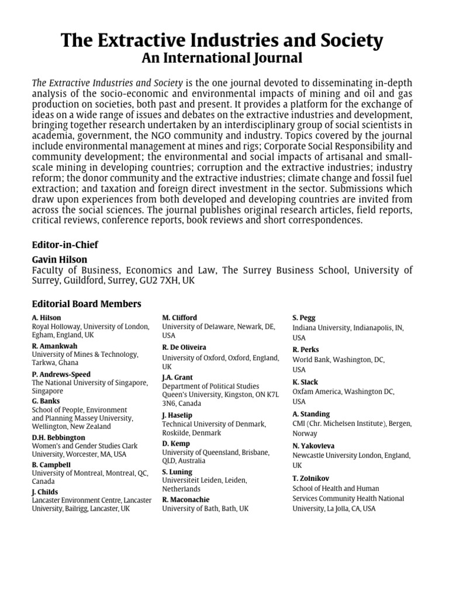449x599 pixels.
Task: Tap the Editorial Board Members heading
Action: (87, 304)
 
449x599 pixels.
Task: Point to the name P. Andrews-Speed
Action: (61, 374)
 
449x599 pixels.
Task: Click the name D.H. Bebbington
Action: (58, 437)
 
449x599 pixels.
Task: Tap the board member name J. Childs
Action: (45, 492)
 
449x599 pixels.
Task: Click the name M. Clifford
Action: (179, 318)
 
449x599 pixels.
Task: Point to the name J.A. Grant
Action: (177, 377)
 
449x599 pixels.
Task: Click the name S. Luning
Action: (177, 471)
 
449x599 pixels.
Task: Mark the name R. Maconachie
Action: (185, 500)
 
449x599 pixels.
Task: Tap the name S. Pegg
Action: (304, 318)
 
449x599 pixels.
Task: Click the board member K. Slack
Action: (305, 382)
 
